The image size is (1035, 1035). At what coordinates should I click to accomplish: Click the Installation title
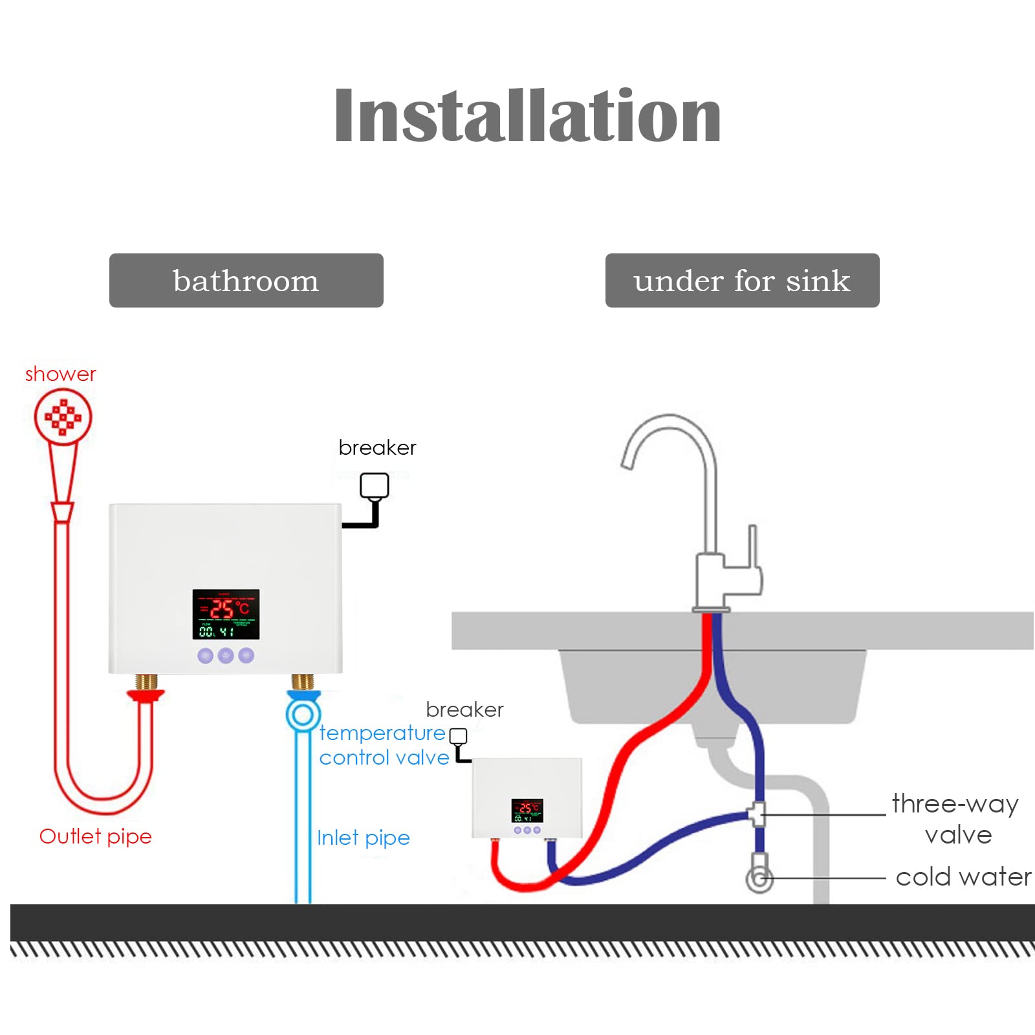(527, 116)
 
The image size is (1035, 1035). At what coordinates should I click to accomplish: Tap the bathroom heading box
(246, 281)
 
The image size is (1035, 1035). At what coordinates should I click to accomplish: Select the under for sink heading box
(742, 281)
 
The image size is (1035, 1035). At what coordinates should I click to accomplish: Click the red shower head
(63, 417)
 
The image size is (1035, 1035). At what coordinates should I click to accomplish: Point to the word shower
(60, 374)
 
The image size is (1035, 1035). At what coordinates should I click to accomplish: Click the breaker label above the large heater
(377, 448)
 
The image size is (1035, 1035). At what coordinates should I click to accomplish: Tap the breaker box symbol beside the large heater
(375, 486)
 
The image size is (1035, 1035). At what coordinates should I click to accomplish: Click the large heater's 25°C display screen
(226, 614)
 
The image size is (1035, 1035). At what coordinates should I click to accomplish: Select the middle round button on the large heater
(226, 655)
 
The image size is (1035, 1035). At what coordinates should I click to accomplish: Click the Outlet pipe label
(95, 836)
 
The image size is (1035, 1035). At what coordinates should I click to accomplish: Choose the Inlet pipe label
(363, 838)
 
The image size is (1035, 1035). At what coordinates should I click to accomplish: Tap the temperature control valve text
(384, 745)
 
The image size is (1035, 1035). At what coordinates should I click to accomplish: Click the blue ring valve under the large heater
(303, 715)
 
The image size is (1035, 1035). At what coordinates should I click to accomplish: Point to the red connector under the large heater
(146, 695)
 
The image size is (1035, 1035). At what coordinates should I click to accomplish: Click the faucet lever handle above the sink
(753, 550)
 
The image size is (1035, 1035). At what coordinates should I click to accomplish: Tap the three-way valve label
(955, 818)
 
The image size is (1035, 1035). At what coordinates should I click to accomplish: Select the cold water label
(963, 877)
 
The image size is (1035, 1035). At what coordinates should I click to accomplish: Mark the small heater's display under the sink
(527, 810)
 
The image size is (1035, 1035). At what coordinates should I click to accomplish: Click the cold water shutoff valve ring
(759, 878)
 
